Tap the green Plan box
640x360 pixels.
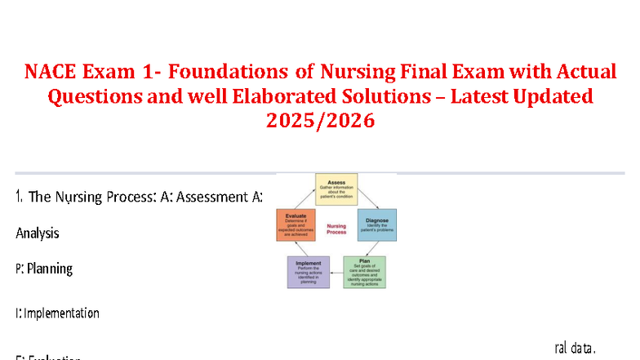(x=364, y=272)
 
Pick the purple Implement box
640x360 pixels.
(x=309, y=272)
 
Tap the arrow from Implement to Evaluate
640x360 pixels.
(x=297, y=250)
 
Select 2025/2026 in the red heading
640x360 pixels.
(x=320, y=120)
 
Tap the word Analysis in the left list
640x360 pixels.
(x=38, y=233)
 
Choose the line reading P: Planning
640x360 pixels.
(x=44, y=268)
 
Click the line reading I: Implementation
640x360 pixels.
(x=57, y=313)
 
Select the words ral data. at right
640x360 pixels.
(x=576, y=348)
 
